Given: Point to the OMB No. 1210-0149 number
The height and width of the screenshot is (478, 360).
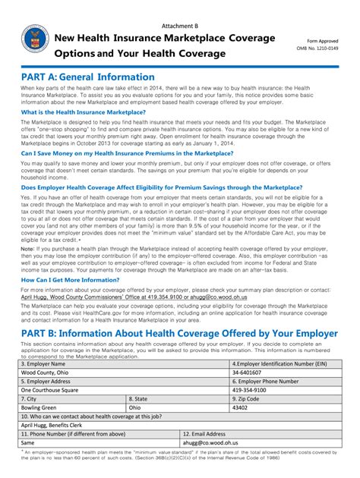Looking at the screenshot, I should pos(322,48).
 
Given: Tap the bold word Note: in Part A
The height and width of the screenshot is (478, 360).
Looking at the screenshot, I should pos(28,248).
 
